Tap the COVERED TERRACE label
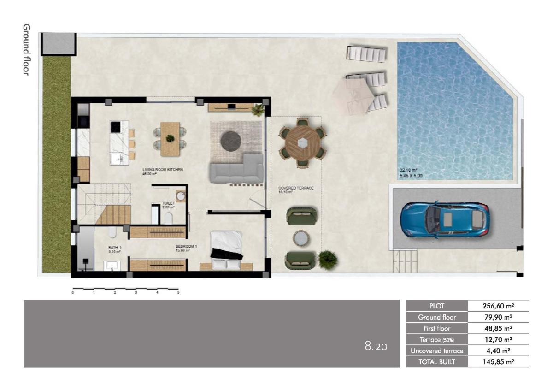point(296,188)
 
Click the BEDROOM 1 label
point(186,247)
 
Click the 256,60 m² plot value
point(498,306)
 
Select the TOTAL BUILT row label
point(436,362)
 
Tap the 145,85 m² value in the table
point(498,362)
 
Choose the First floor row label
point(436,328)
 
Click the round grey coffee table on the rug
point(231,141)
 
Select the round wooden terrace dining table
point(302,143)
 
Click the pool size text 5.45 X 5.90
point(412,175)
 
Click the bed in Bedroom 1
point(226,249)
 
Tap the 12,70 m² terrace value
point(498,340)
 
